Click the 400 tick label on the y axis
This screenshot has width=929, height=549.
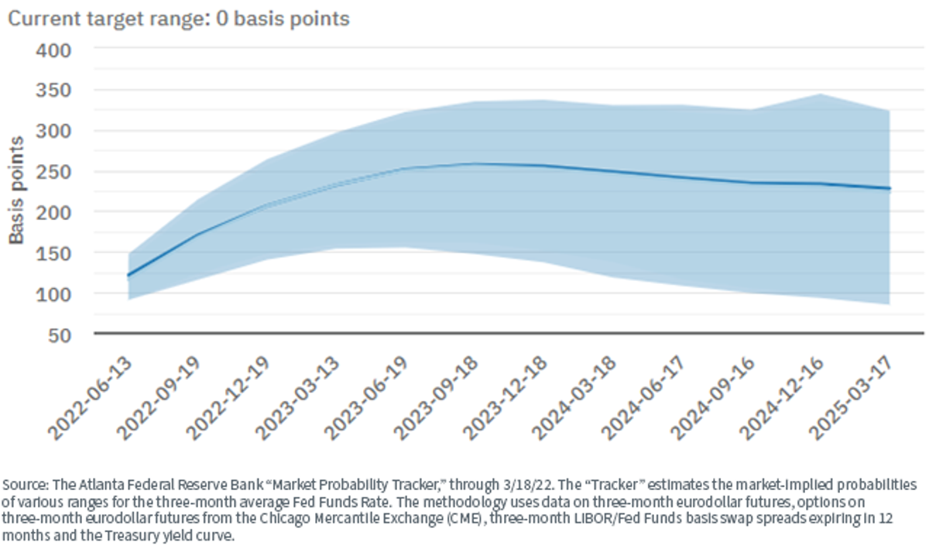tap(53, 51)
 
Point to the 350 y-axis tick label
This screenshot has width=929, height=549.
tap(53, 91)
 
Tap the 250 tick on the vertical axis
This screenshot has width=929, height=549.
tap(53, 172)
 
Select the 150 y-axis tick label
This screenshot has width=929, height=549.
tap(53, 253)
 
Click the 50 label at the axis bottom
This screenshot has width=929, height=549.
tap(60, 335)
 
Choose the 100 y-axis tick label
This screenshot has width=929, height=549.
tap(53, 294)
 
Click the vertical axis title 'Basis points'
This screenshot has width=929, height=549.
tap(16, 190)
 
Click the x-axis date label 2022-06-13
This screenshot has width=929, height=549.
tap(91, 398)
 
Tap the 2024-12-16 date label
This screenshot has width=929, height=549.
tap(783, 398)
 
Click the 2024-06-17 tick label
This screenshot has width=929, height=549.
tap(644, 398)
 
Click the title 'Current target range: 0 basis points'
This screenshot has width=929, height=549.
tap(179, 19)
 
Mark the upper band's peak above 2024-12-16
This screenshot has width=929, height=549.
tap(820, 94)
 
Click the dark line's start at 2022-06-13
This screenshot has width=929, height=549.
tap(129, 275)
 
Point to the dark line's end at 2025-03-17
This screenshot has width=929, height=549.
tap(890, 189)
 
